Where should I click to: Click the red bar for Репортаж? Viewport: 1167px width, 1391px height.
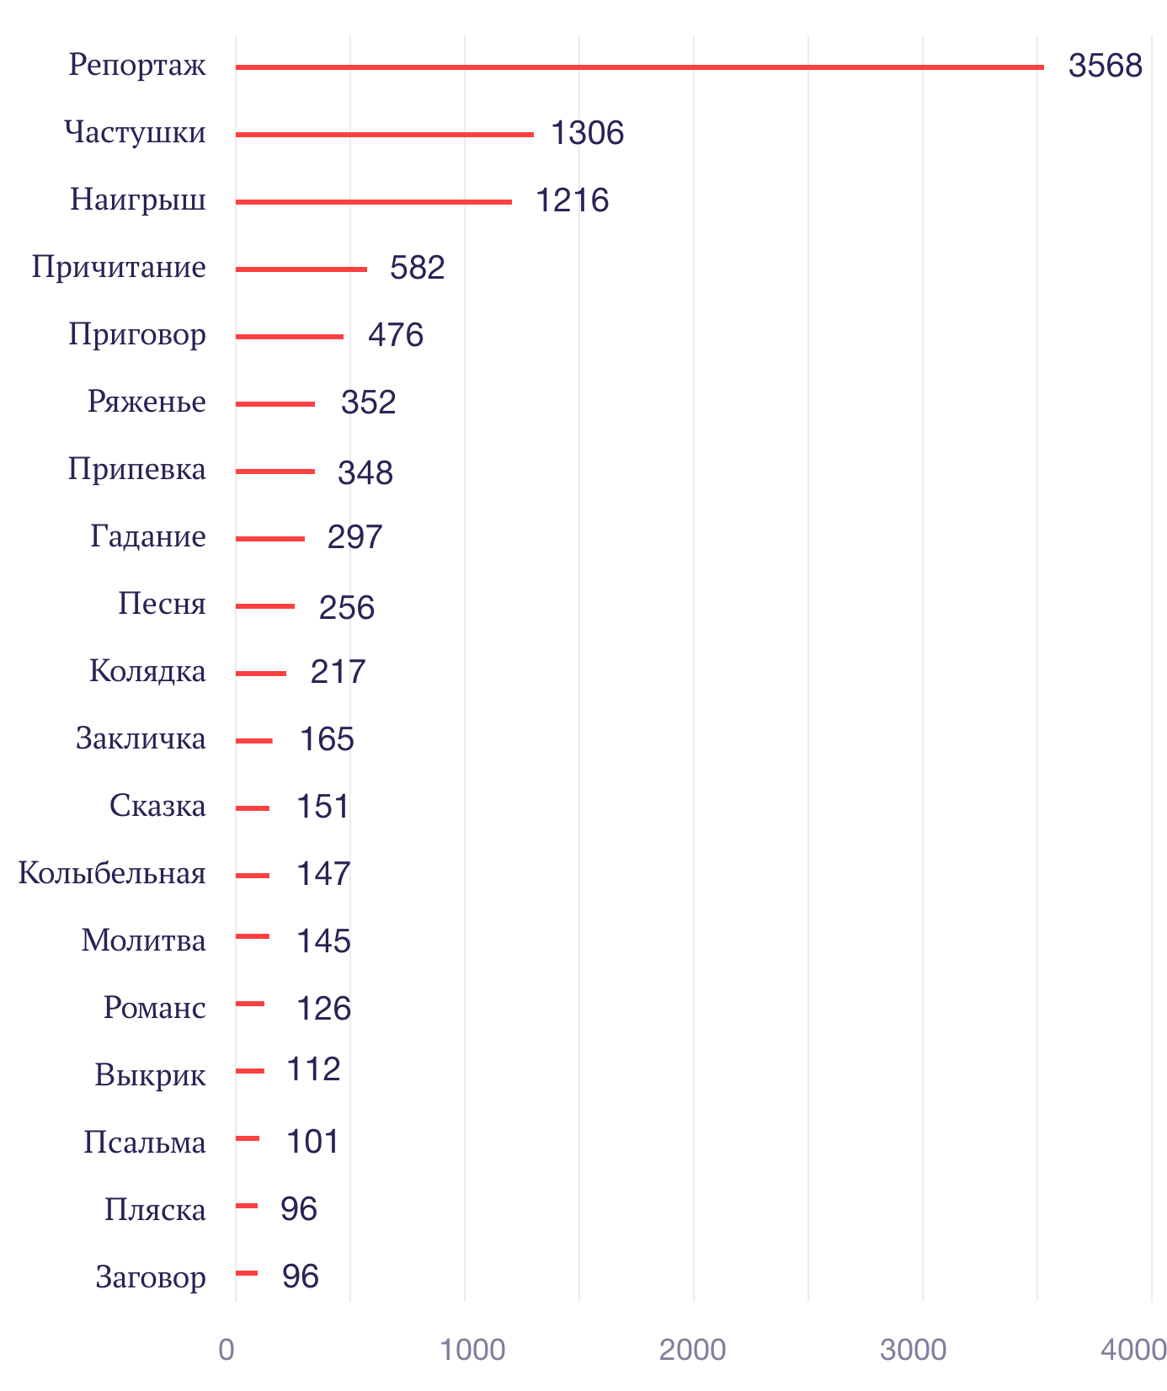(640, 67)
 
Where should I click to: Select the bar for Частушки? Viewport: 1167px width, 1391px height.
(384, 134)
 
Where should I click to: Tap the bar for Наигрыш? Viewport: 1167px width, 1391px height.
(373, 201)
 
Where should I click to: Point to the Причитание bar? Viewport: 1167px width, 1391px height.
(301, 269)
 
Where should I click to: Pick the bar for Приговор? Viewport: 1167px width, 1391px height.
(289, 336)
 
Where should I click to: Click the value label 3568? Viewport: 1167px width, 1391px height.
(1105, 66)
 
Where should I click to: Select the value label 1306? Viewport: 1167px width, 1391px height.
(587, 133)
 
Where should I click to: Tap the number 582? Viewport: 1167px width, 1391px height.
(417, 268)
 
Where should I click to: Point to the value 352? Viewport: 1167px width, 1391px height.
(368, 402)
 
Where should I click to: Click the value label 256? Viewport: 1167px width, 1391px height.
(346, 607)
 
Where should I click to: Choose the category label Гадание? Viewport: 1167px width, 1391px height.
(148, 536)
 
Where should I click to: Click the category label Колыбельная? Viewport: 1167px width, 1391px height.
(112, 873)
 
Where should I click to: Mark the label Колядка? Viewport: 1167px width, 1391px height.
(147, 671)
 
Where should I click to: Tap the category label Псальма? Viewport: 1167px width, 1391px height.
(145, 1143)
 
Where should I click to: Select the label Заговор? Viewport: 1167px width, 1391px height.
(151, 1277)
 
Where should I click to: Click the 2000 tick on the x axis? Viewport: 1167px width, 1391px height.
(692, 1350)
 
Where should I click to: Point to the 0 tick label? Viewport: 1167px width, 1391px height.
(226, 1350)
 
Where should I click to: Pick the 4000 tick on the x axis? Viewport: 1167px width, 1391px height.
(1133, 1350)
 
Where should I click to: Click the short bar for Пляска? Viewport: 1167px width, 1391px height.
(247, 1206)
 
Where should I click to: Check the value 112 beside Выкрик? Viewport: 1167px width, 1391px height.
(313, 1069)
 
